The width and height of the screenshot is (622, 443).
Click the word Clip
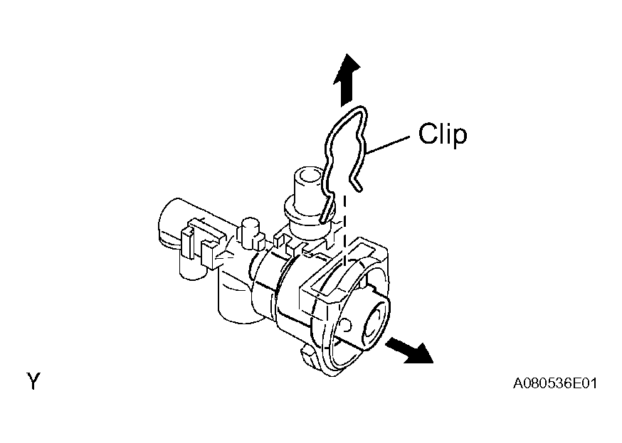[x=443, y=134]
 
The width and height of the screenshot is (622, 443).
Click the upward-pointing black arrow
[x=346, y=80]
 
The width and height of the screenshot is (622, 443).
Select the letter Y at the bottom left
[x=33, y=381]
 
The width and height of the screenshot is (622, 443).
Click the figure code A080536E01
[x=555, y=383]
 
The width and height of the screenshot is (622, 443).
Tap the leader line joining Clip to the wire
[x=388, y=145]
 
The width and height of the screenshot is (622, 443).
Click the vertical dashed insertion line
[x=344, y=230]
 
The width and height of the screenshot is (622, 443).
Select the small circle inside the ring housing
[x=346, y=325]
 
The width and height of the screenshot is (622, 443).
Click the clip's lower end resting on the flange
[x=327, y=209]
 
